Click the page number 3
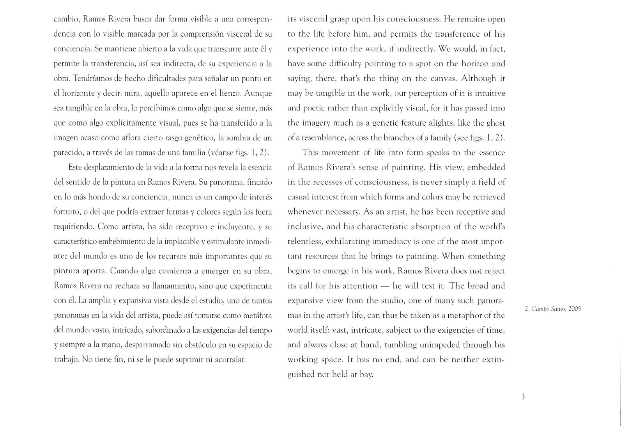click(x=523, y=397)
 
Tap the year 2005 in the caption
click(x=575, y=309)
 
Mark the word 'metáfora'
click(x=256, y=315)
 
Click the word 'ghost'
click(x=495, y=123)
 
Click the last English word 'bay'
click(x=366, y=375)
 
